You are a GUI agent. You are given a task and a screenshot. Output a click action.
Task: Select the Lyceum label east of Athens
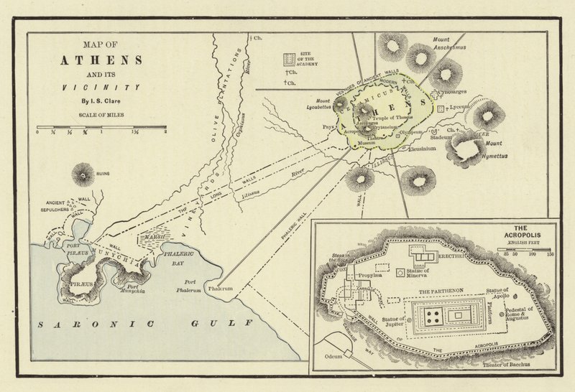458,106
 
